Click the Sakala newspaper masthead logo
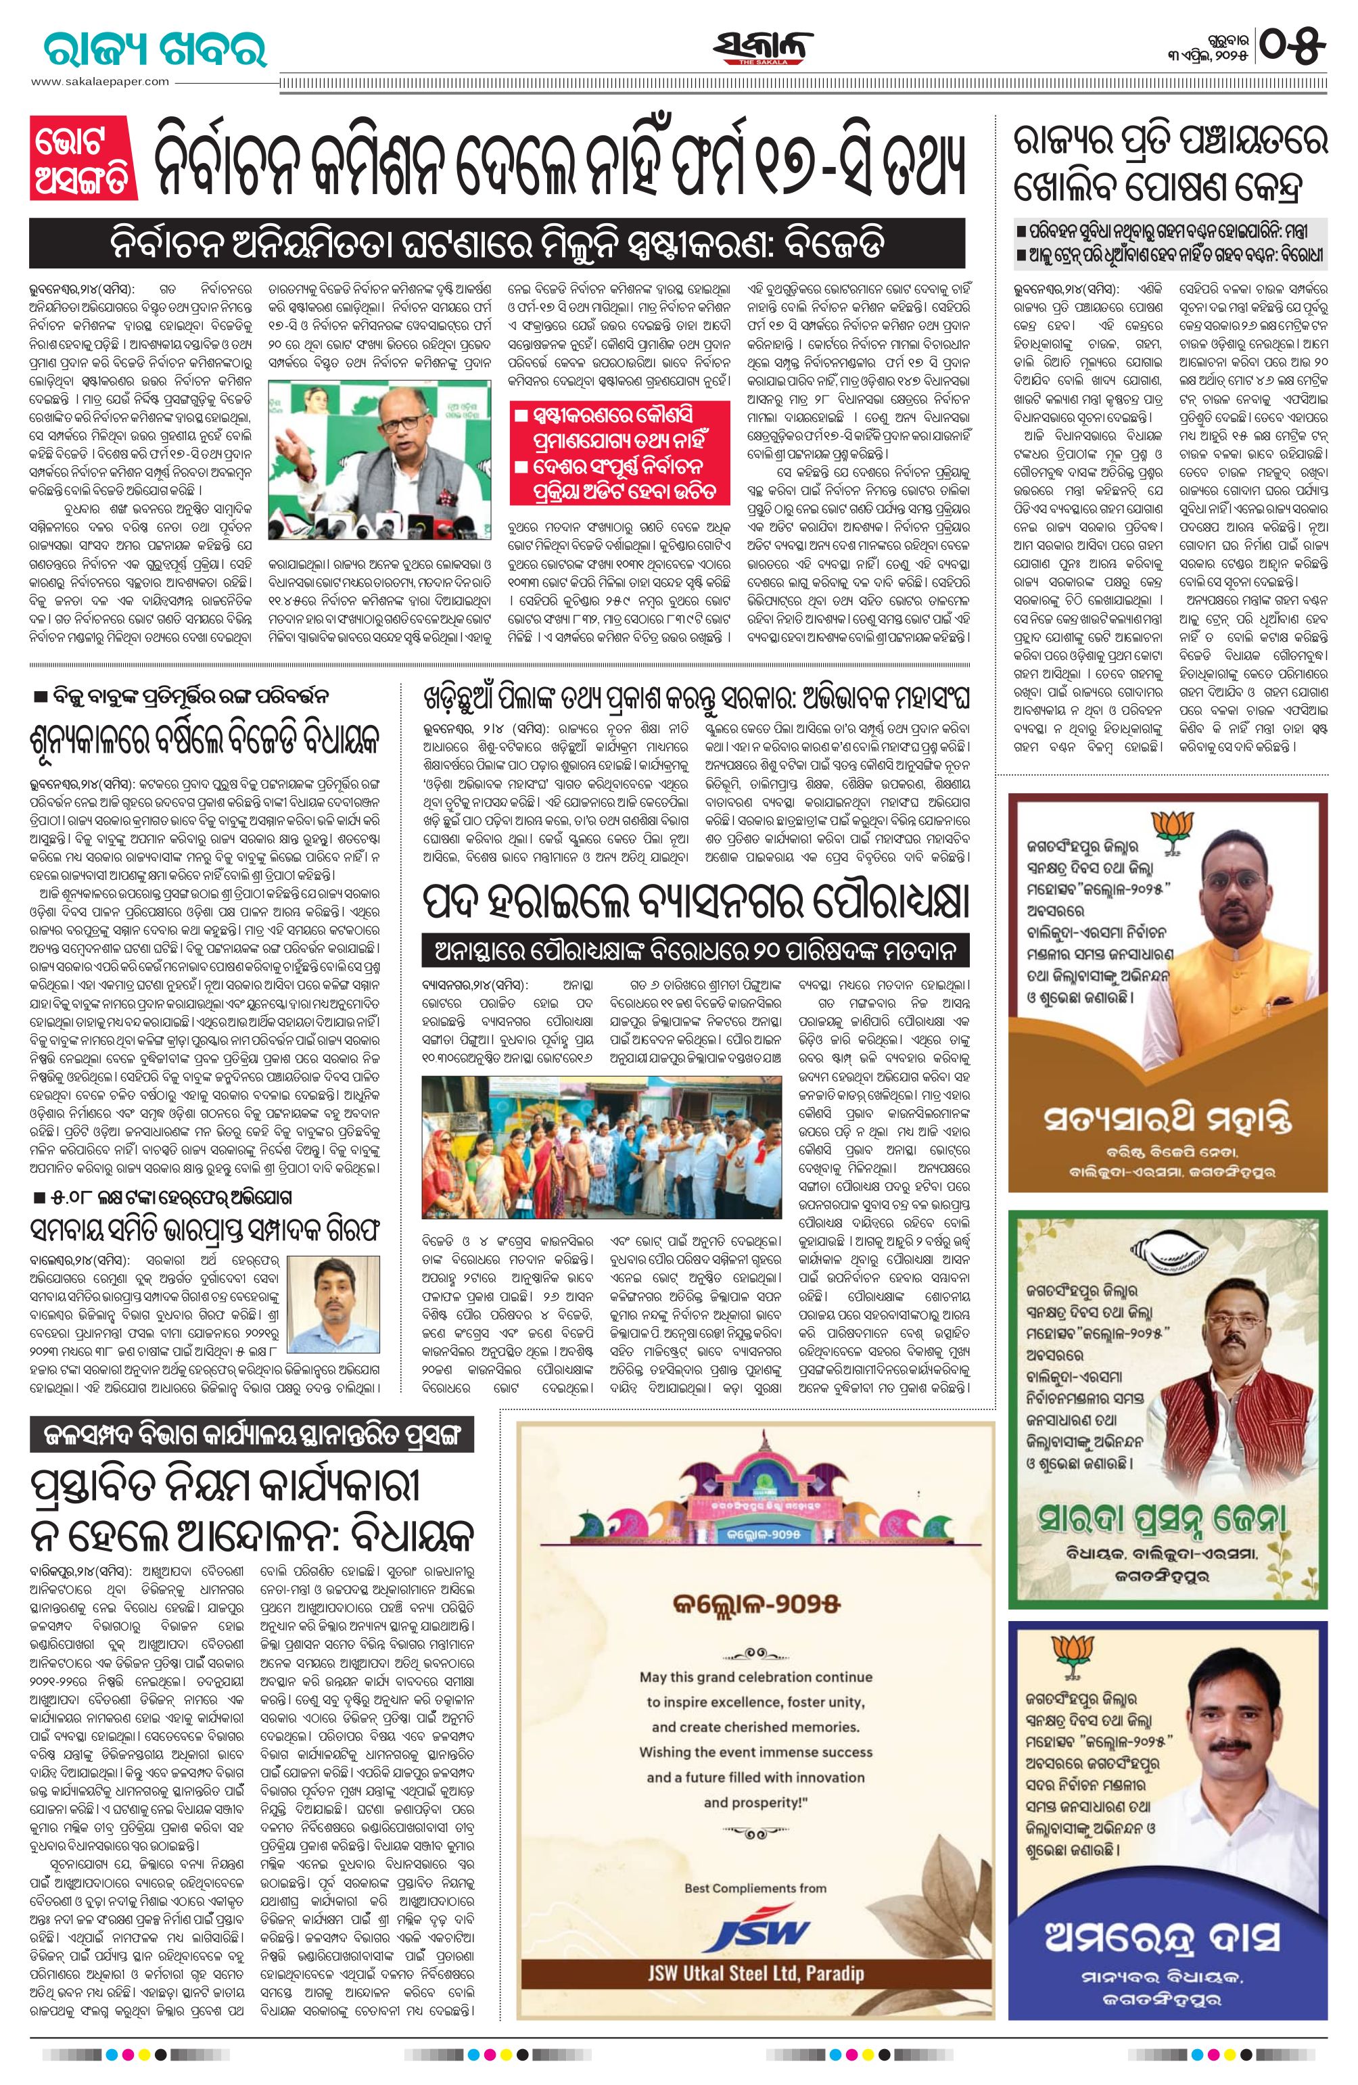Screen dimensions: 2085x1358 762,48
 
